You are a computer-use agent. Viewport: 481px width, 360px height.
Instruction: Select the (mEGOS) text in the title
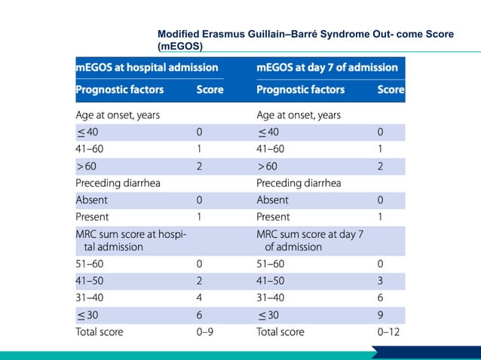point(180,46)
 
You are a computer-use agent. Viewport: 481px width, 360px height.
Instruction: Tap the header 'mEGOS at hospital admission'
point(147,67)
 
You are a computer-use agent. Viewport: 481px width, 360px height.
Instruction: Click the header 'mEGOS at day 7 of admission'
point(327,67)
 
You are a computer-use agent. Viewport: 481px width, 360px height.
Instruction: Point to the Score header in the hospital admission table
point(210,90)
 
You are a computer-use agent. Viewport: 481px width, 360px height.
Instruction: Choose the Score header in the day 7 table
point(391,90)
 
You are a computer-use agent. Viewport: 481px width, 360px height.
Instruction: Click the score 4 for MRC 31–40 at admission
point(199,297)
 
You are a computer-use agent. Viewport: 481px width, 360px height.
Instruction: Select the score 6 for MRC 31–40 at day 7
point(380,297)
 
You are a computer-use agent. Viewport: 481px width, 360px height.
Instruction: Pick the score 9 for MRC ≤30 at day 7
point(380,315)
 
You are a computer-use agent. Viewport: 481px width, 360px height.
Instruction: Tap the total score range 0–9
point(204,332)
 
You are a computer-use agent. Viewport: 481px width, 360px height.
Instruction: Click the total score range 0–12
point(388,332)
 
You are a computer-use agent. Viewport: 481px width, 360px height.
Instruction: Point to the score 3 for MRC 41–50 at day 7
point(380,281)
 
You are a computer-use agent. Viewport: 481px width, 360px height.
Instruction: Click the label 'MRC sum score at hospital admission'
point(131,240)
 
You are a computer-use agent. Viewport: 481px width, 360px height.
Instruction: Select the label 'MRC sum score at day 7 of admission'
point(310,240)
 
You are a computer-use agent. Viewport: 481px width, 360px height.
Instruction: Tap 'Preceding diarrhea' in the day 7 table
point(299,183)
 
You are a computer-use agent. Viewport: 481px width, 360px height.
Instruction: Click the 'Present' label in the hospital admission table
point(92,217)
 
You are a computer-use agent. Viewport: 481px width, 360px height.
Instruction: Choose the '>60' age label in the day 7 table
point(267,166)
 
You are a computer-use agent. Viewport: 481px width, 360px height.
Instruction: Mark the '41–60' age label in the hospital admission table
point(89,149)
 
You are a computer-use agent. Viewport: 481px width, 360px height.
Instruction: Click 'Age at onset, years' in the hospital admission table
point(118,115)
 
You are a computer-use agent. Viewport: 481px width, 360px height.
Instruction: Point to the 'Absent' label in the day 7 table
point(272,200)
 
